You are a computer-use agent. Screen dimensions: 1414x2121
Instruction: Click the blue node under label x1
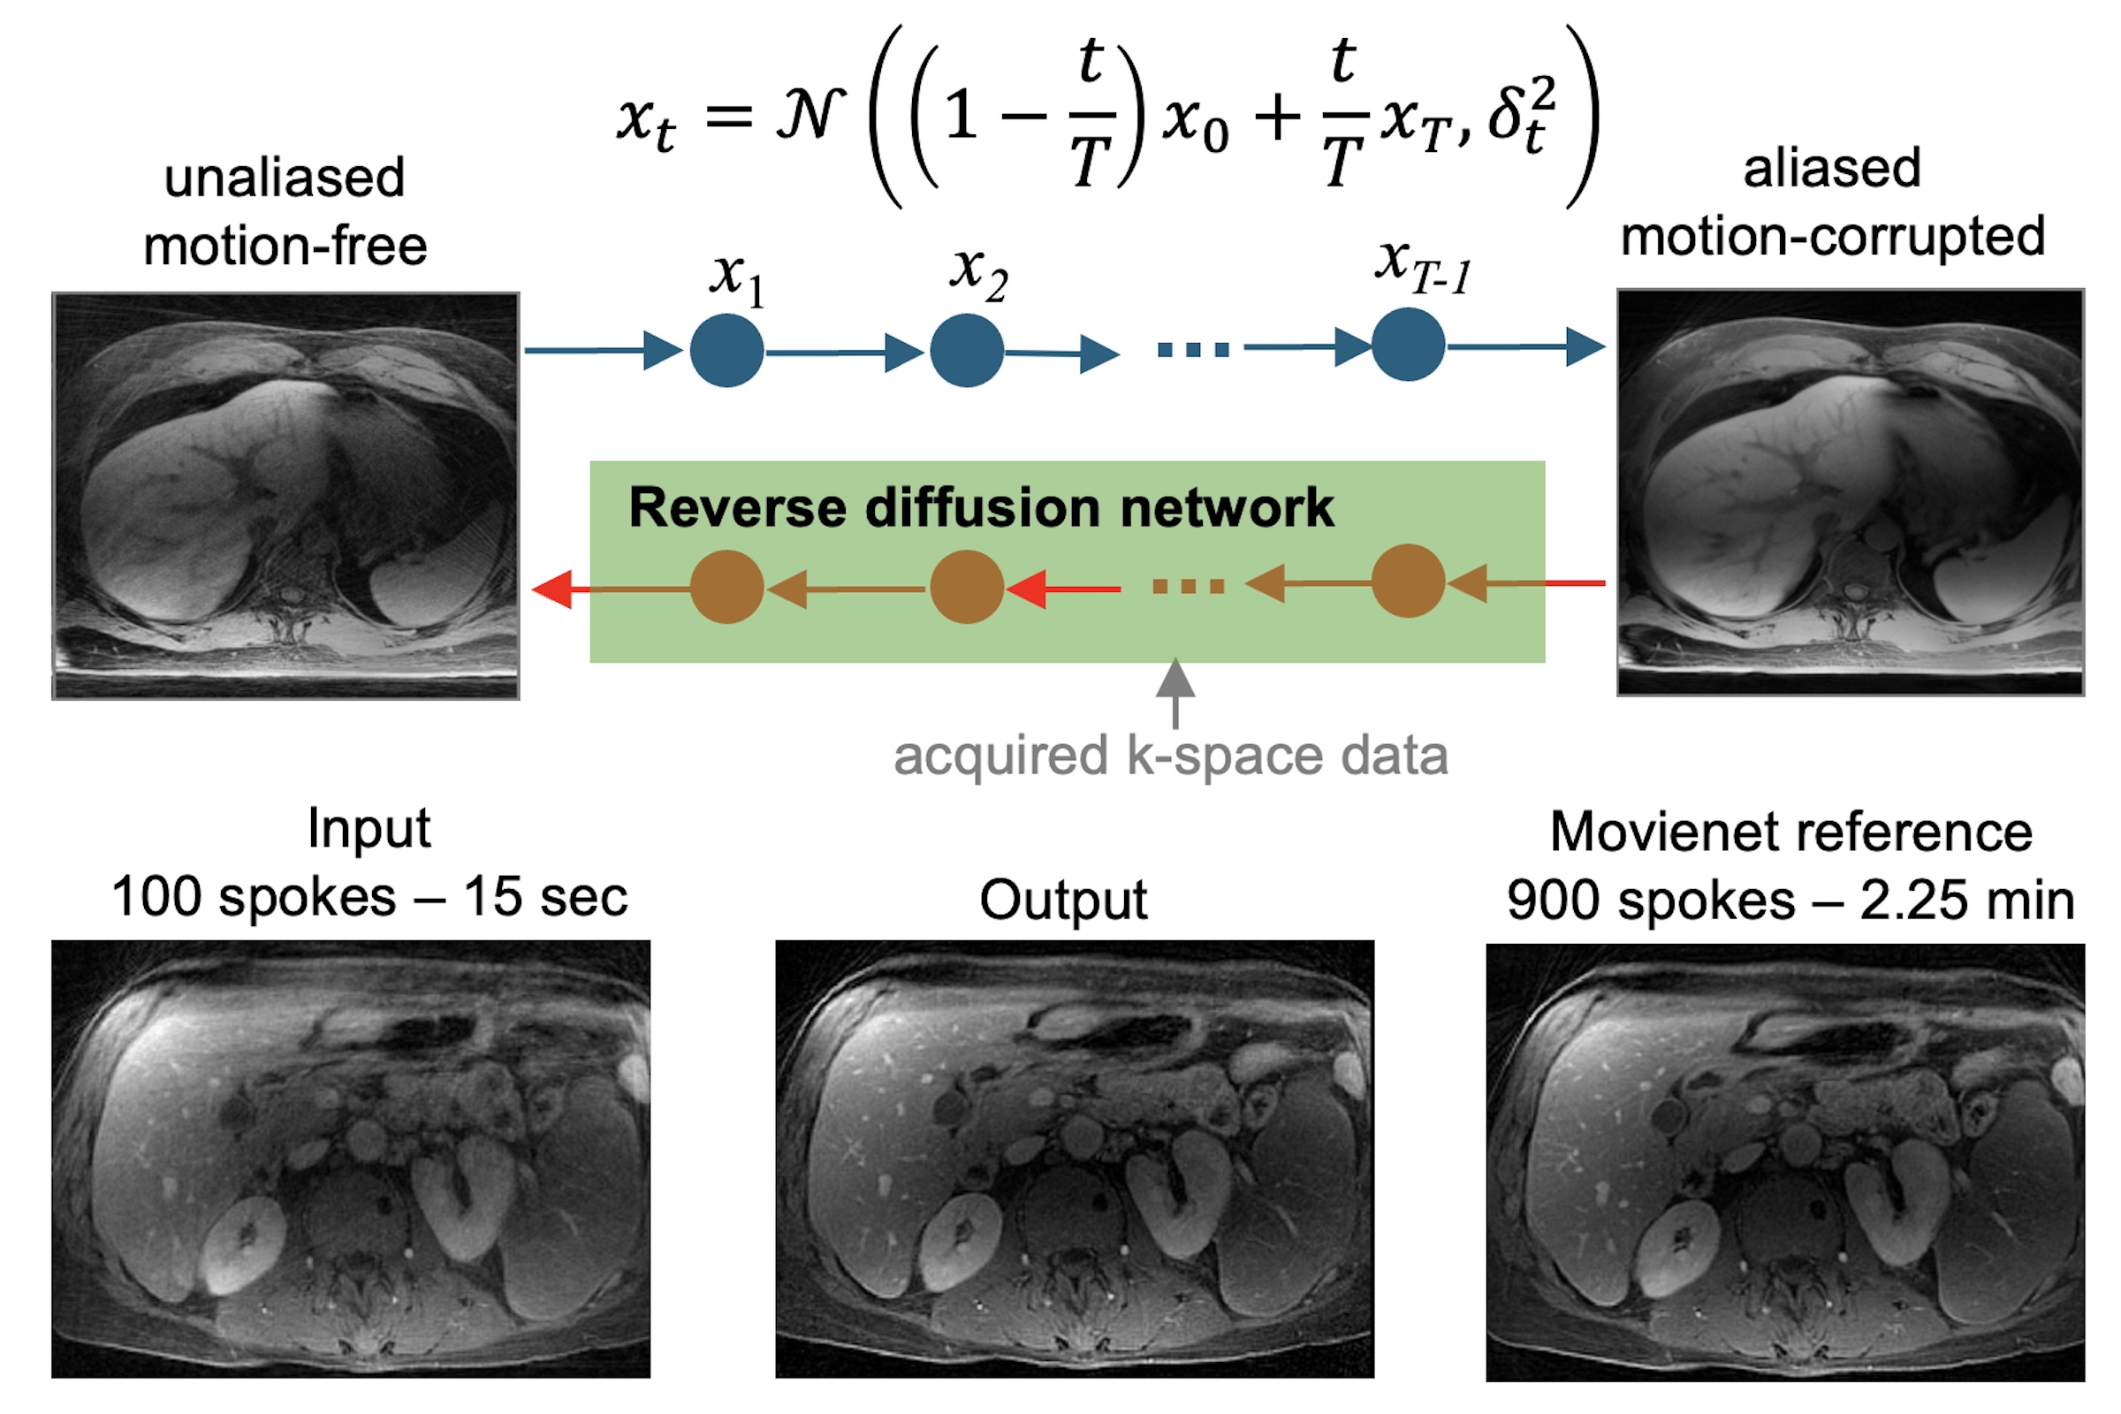point(726,351)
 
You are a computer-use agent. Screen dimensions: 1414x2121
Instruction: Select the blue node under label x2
point(967,351)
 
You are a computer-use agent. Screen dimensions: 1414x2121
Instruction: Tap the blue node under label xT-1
point(1408,345)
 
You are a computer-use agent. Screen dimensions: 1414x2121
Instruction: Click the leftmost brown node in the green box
point(726,587)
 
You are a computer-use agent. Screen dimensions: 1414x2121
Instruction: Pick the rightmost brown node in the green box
point(1408,582)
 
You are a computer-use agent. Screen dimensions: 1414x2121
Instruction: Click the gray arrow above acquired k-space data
point(1175,693)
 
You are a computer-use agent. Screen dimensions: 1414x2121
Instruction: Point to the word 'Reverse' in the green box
point(738,507)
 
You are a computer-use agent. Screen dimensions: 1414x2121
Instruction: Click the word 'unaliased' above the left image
point(284,177)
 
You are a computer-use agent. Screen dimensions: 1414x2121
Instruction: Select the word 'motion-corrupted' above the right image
point(1832,237)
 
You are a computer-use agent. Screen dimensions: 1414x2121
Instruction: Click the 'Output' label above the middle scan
point(1063,900)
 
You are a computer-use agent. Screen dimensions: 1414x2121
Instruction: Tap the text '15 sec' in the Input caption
point(544,897)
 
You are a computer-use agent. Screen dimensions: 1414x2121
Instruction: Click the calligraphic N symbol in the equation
point(810,116)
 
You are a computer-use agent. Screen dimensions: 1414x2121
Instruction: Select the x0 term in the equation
point(1195,122)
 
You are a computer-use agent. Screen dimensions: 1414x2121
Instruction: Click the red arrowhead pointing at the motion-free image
point(551,589)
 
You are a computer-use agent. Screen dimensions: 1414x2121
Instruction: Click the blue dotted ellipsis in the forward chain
point(1193,350)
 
